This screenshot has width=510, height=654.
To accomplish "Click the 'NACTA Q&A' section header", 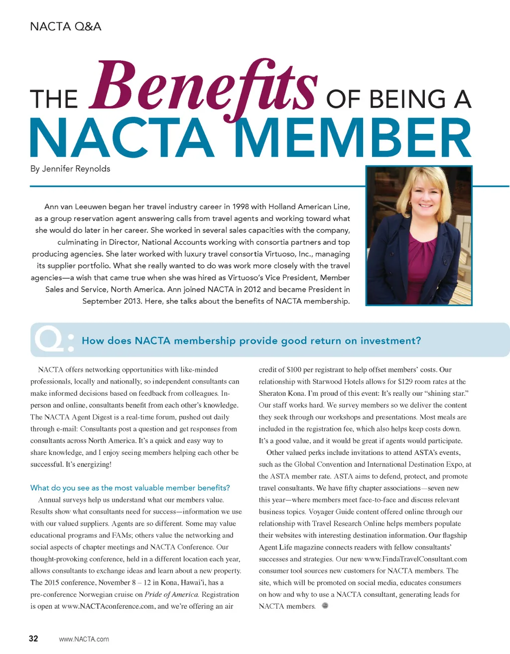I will point(65,26).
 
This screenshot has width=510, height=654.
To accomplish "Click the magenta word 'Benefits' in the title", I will point(203,86).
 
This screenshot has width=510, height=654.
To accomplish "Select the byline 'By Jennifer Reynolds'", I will point(70,169).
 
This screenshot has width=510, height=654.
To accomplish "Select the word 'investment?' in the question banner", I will point(390,341).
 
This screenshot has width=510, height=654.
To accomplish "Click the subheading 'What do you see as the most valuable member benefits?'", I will point(130,488).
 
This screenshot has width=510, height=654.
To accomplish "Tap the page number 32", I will point(33,639).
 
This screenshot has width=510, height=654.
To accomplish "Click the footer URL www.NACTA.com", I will point(84,639).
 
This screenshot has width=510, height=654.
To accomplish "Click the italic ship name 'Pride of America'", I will point(171,594).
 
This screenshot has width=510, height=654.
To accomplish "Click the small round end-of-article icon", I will point(325,606).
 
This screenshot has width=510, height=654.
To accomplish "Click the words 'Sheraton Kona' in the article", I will point(281,393).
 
